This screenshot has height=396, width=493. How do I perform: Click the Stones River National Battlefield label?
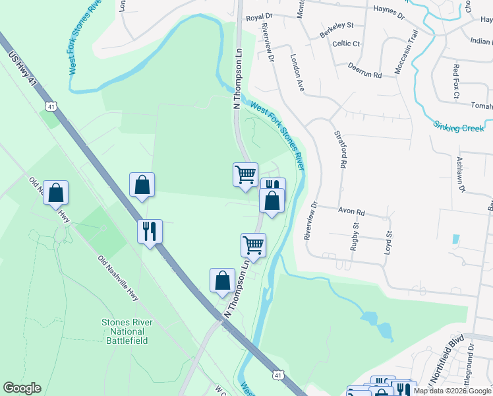coord(127,331)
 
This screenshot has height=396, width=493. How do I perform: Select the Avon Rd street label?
coord(351,213)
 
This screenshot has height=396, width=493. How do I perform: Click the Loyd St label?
coord(389,242)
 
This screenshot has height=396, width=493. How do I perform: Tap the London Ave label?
coord(297,73)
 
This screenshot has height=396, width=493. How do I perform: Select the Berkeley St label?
coord(336,29)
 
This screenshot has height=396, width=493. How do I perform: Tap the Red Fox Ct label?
coord(456,81)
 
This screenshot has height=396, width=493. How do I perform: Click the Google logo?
coord(22,388)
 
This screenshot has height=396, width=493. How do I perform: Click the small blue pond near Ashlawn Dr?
coord(456,239)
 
